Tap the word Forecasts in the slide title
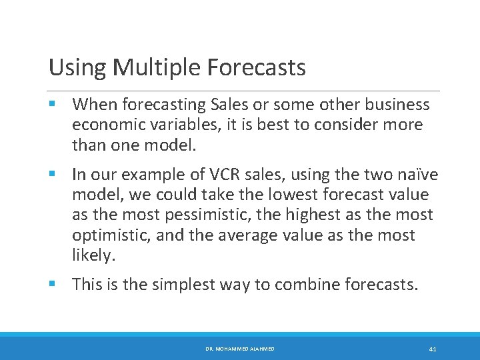pyautogui.click(x=257, y=67)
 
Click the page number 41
pyautogui.click(x=433, y=349)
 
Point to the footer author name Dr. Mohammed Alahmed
pyautogui.click(x=240, y=349)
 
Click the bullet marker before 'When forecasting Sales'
pyautogui.click(x=53, y=105)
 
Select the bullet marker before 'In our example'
pyautogui.click(x=53, y=175)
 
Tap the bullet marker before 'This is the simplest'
pyautogui.click(x=53, y=285)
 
